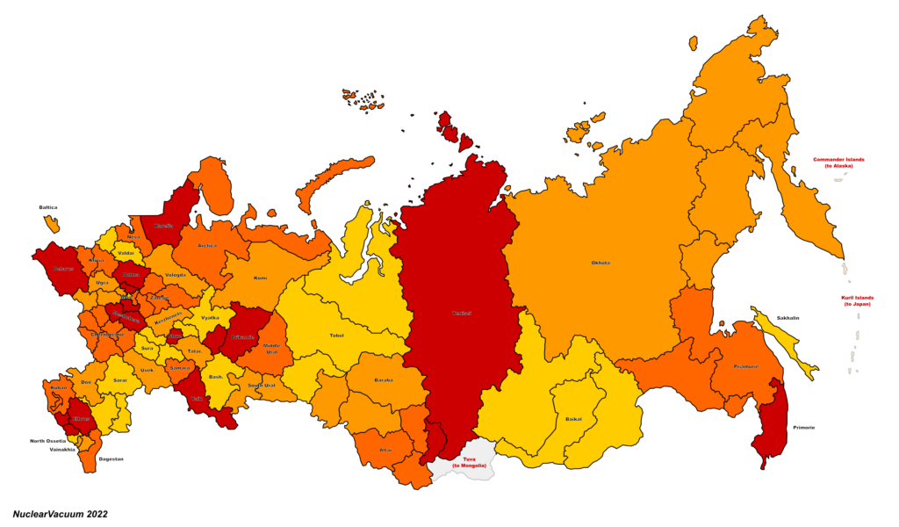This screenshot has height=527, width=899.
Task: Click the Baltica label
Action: point(48,207)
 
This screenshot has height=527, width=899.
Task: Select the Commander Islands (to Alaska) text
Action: point(838,162)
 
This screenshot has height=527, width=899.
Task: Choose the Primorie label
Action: point(802,427)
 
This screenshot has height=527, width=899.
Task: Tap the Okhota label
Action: point(601,263)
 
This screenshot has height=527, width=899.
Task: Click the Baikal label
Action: point(573,419)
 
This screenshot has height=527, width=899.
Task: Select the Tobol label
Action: point(336,335)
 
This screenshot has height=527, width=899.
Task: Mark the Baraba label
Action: point(384,380)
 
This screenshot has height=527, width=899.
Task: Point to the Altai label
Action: point(385,449)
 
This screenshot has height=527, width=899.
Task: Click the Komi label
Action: point(260,278)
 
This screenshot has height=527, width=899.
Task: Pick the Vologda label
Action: point(176,275)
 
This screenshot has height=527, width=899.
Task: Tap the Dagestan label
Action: point(111,459)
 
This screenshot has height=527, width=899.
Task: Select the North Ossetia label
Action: point(48,441)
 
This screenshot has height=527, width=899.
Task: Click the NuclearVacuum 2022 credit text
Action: point(60,515)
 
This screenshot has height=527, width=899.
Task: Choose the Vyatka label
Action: point(210,317)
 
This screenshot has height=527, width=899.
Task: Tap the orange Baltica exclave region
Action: point(52,223)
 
